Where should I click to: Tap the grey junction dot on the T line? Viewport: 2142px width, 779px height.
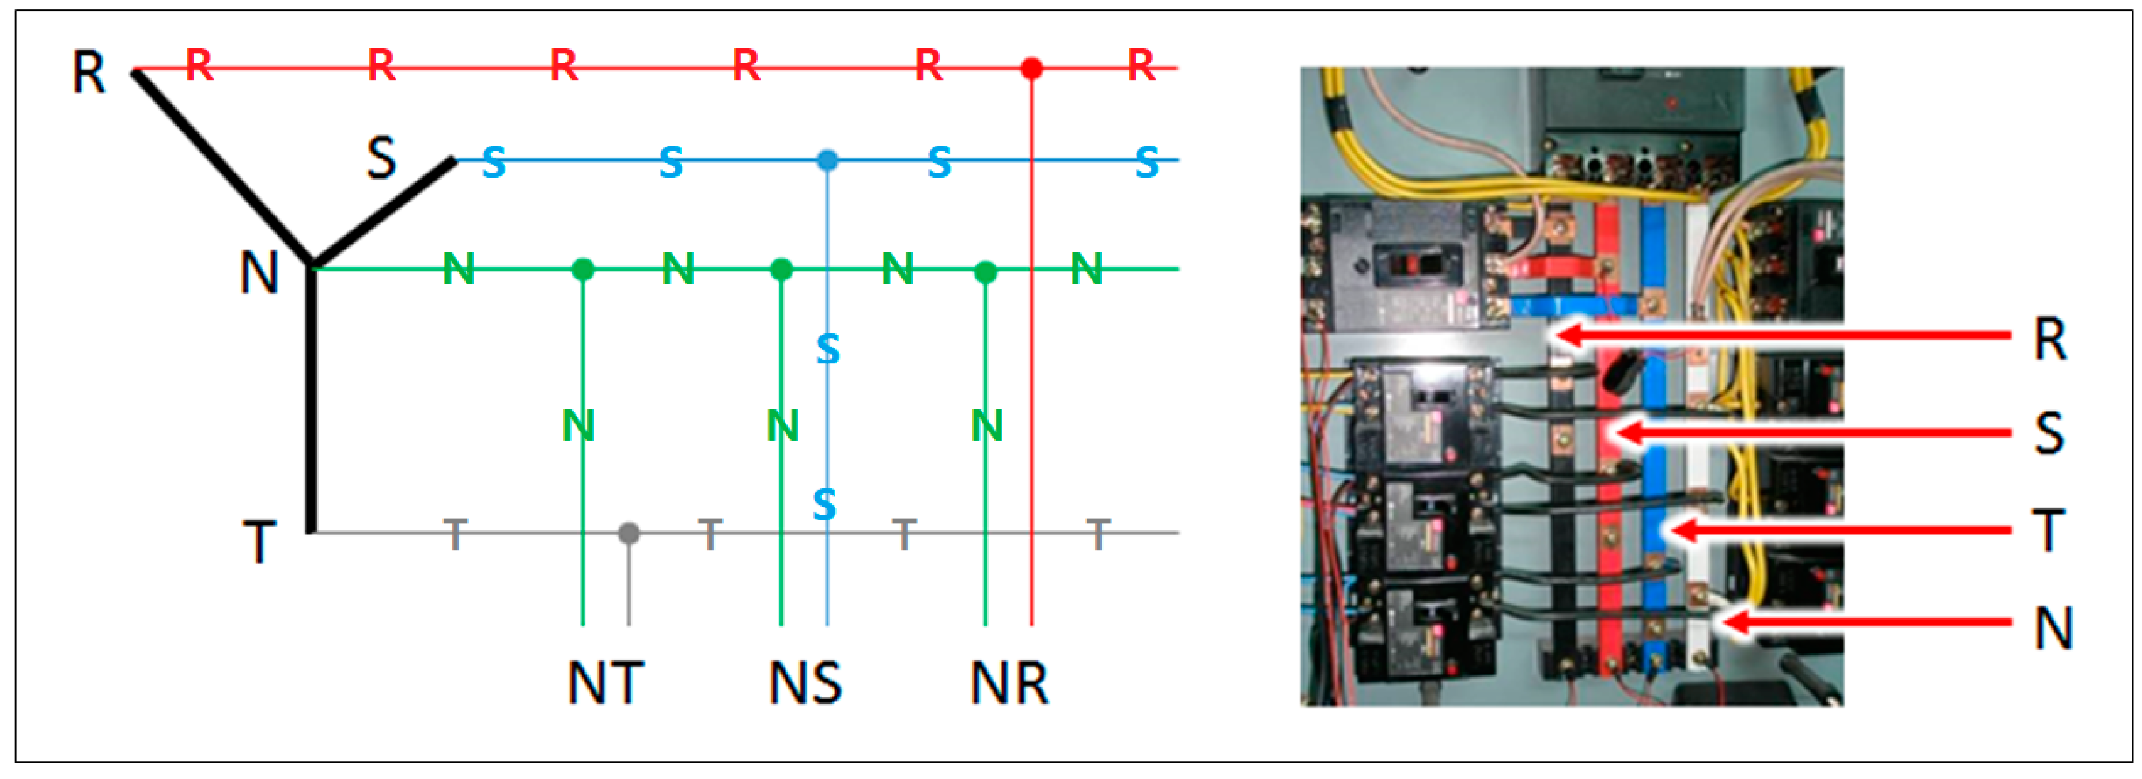tap(629, 533)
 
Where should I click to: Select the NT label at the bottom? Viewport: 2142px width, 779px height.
tap(605, 683)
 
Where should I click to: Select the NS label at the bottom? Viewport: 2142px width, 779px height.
tap(805, 683)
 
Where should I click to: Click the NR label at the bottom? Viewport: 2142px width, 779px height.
tap(1009, 683)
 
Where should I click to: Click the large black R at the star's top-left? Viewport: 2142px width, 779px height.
tap(89, 73)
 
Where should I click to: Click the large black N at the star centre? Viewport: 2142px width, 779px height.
tap(259, 273)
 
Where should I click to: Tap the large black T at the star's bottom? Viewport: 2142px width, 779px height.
tap(259, 542)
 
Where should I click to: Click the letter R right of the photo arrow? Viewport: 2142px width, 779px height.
tap(2050, 339)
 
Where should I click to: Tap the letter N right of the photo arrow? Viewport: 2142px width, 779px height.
tap(2052, 628)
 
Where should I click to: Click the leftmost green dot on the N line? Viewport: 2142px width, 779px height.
tap(583, 269)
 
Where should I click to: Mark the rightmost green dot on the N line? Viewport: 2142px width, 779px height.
tap(985, 271)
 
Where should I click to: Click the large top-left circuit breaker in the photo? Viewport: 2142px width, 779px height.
tap(1405, 264)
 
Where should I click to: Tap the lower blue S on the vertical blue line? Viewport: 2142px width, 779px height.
tap(824, 504)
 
